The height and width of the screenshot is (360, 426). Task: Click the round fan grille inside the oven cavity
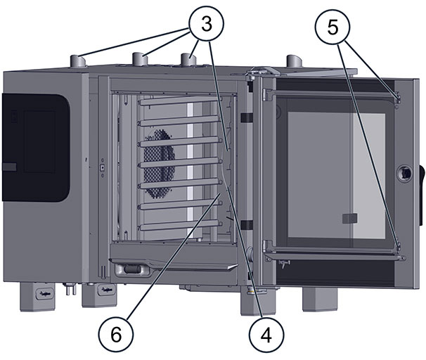[160, 161]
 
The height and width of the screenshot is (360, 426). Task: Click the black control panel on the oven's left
[35, 146]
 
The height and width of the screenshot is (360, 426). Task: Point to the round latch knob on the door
[406, 172]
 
